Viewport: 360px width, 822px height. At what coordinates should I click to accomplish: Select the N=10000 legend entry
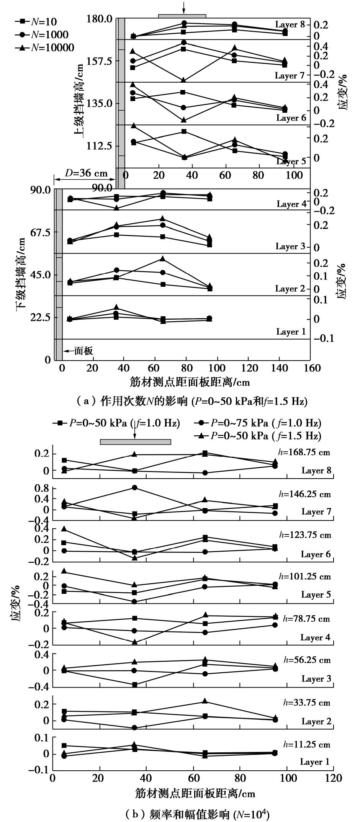(44, 47)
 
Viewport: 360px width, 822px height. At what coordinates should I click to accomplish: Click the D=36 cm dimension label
(86, 173)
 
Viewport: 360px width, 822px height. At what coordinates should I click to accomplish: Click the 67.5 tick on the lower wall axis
(41, 232)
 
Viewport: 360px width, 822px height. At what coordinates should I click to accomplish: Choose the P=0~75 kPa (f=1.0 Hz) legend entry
(260, 423)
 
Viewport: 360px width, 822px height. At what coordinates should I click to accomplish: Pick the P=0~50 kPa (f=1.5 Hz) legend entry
(260, 436)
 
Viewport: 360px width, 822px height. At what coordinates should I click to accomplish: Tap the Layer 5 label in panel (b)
(316, 595)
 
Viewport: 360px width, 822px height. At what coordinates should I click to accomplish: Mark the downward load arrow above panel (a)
(184, 7)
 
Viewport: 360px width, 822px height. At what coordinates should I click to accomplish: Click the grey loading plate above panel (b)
(135, 442)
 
